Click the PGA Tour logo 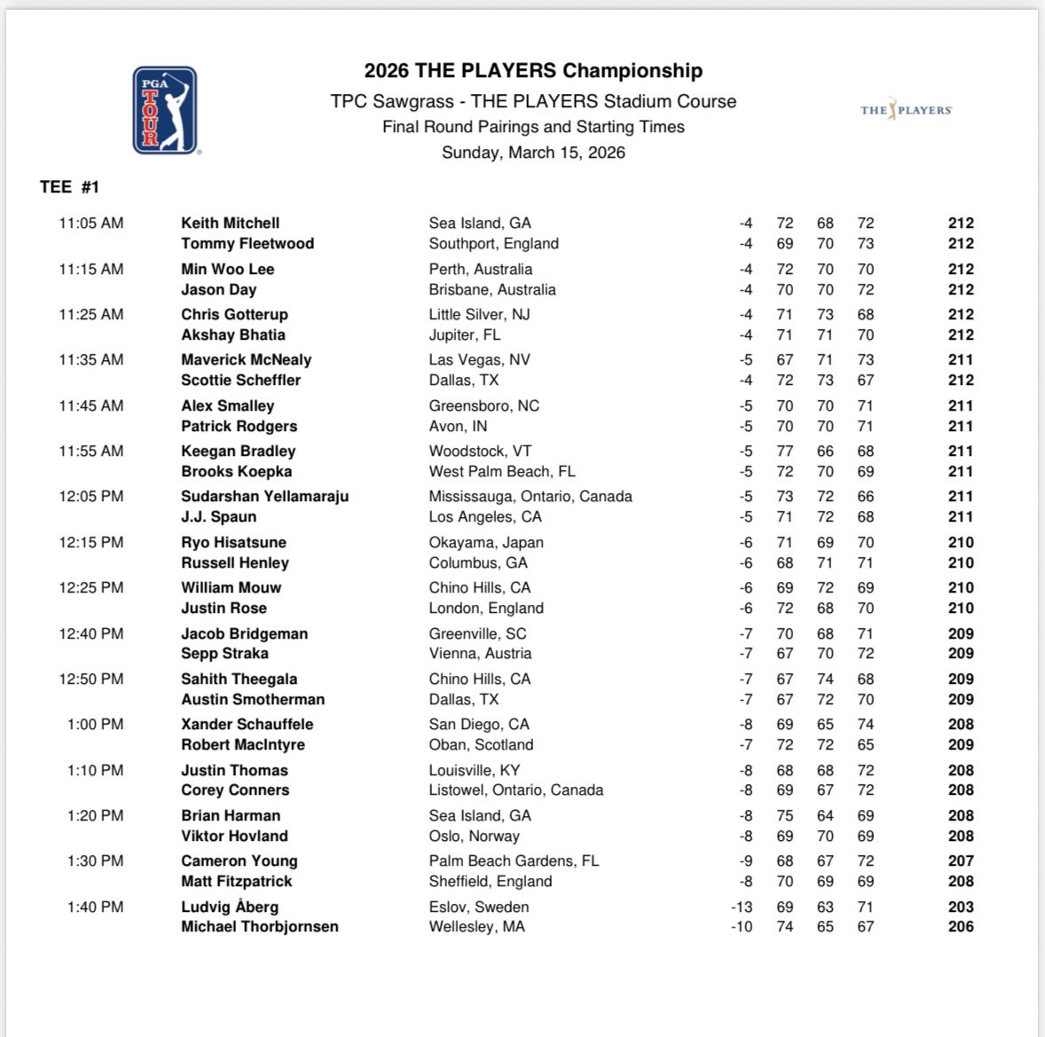point(164,110)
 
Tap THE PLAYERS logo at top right point(906,110)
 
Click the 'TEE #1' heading point(70,186)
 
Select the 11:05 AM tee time point(91,224)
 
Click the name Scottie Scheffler point(240,380)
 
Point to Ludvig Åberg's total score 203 point(960,907)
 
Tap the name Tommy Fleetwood point(247,243)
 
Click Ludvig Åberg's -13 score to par point(741,907)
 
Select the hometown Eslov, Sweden point(479,907)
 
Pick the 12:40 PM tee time point(91,633)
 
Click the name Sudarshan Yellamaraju point(264,496)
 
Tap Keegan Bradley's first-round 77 point(784,451)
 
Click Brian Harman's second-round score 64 point(825,815)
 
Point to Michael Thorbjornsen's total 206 point(960,926)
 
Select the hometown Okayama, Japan point(486,542)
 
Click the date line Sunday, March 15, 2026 point(533,153)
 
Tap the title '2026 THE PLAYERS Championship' point(533,71)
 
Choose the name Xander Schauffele point(247,724)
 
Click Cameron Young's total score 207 point(960,860)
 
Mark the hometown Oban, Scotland point(481,744)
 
